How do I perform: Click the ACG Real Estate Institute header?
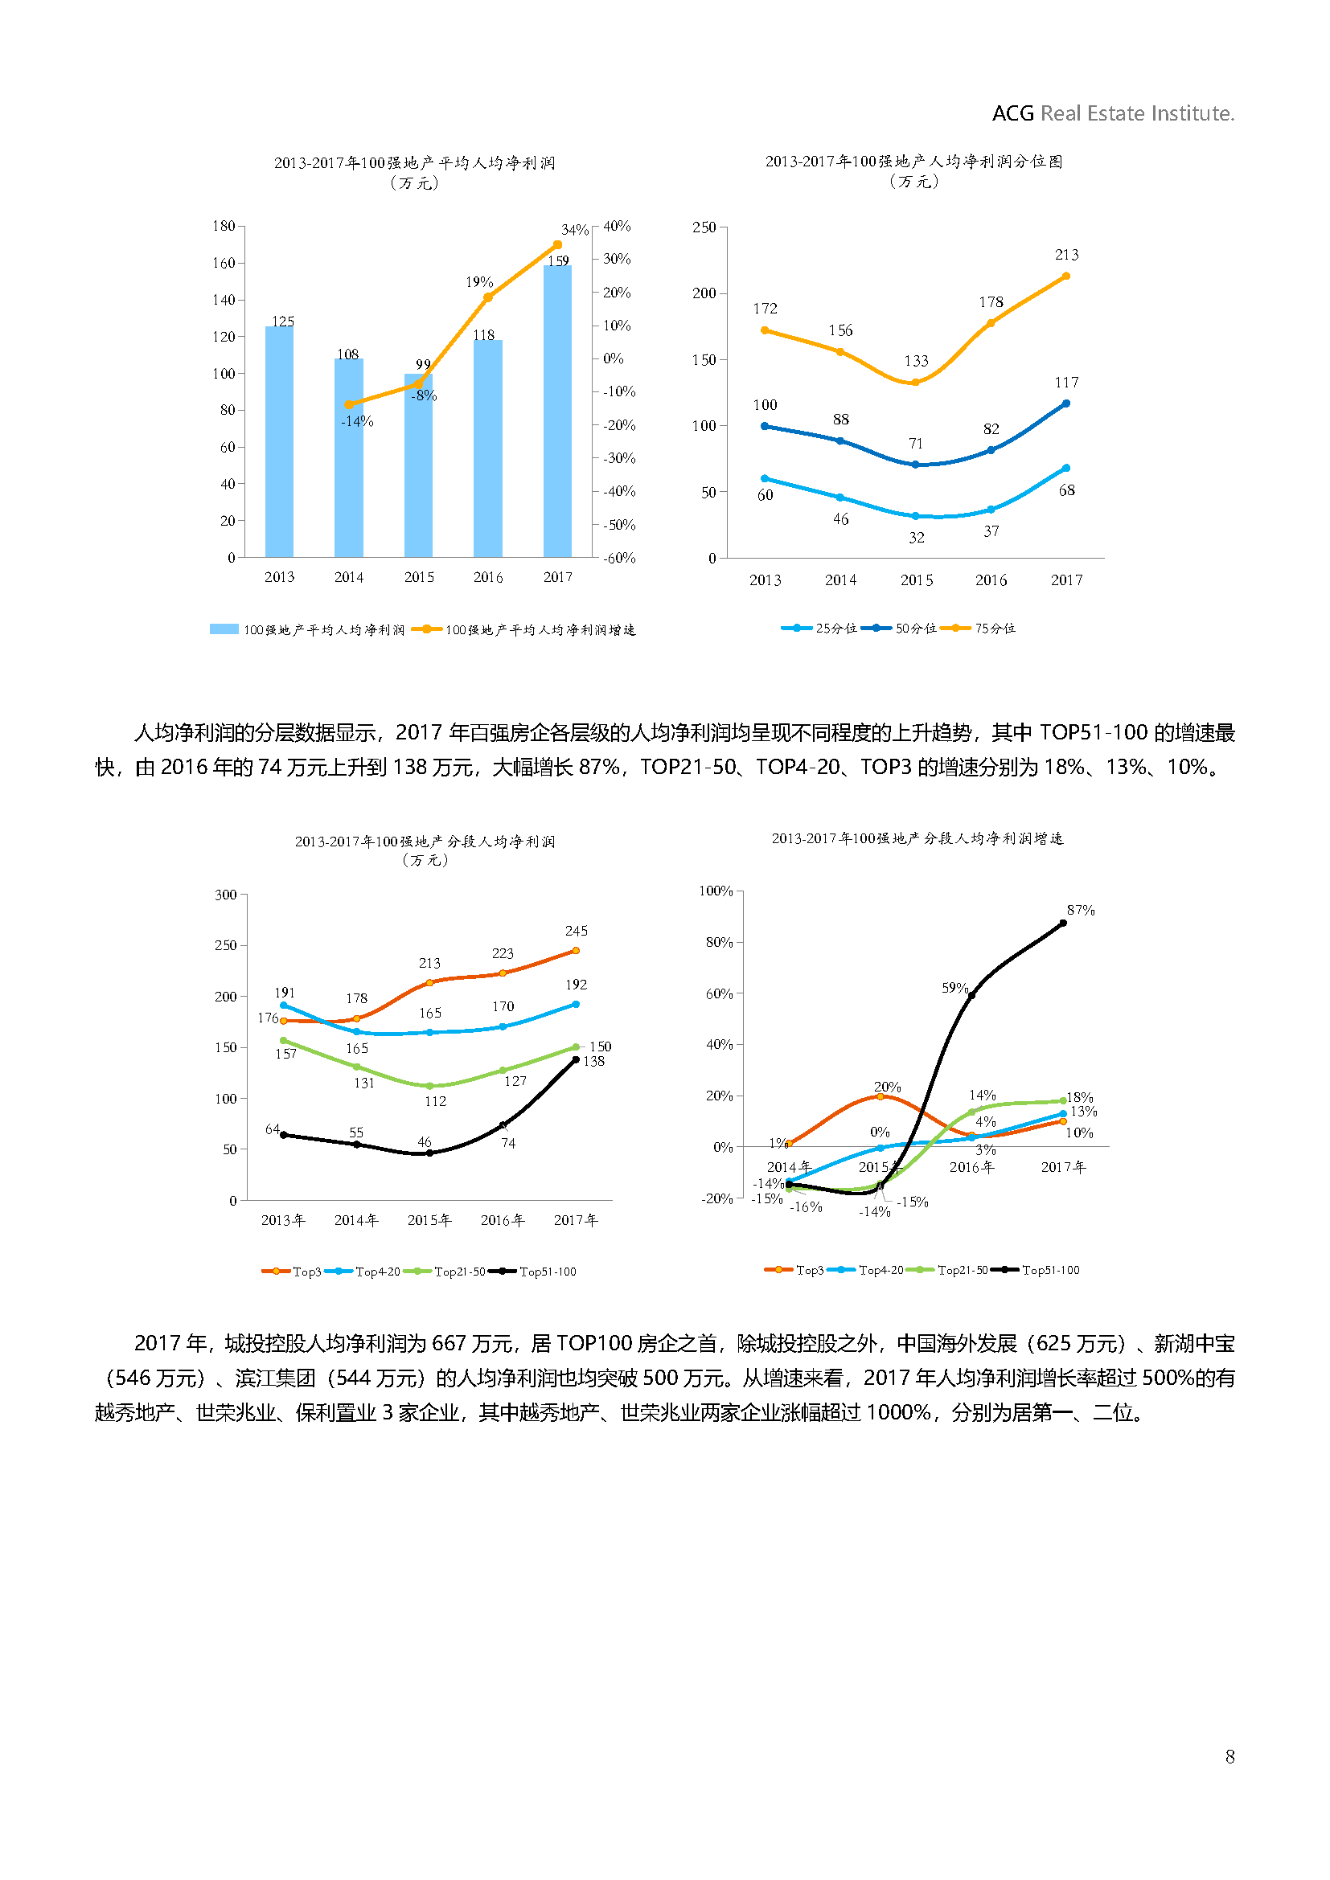click(x=1112, y=113)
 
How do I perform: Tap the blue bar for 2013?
click(x=279, y=442)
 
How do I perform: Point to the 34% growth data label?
click(x=574, y=230)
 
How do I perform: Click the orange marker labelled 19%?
click(x=488, y=297)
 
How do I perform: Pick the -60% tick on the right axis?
click(x=619, y=559)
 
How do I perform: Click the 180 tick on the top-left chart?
click(x=224, y=226)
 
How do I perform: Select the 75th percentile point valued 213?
click(x=1065, y=276)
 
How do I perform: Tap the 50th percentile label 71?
click(x=916, y=444)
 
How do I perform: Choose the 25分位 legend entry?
click(x=819, y=628)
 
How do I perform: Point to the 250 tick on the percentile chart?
click(x=704, y=227)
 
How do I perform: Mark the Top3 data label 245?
click(x=576, y=931)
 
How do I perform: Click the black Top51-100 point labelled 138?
click(x=576, y=1059)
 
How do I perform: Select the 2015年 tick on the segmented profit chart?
click(x=429, y=1220)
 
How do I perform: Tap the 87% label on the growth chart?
click(x=1080, y=911)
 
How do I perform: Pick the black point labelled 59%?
click(x=972, y=994)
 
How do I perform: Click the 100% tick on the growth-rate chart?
click(x=715, y=891)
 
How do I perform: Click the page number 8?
click(x=1229, y=1756)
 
